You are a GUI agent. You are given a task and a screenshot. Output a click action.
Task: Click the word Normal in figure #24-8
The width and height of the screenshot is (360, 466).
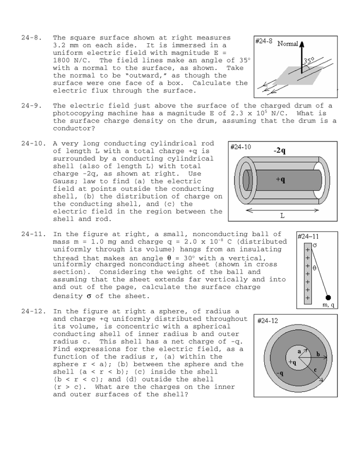coord(287,44)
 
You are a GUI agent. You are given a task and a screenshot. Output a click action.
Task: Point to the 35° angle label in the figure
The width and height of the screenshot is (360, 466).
coord(309,60)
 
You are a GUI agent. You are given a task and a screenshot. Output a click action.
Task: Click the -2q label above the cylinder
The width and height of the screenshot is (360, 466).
coord(280,150)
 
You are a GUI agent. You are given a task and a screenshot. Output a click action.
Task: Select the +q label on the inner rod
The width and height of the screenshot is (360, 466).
coord(280,180)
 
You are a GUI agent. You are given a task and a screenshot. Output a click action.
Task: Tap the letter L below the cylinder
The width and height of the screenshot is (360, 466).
coord(282,216)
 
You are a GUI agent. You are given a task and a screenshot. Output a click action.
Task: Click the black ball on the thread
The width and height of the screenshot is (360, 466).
coord(328,297)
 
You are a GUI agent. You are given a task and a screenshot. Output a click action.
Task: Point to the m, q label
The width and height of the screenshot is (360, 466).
coord(328,305)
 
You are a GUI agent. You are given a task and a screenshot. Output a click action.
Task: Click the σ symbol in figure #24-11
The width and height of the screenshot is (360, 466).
coord(314,245)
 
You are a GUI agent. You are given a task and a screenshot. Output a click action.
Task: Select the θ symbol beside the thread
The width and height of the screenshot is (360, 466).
coord(314,268)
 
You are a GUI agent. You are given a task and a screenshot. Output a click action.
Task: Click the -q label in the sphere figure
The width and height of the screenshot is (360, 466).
coord(279,373)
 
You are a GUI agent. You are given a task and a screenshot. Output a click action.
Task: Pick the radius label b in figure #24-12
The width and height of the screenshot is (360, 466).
coord(317,354)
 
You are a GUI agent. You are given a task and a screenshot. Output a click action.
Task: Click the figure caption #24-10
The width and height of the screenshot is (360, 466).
coord(241,147)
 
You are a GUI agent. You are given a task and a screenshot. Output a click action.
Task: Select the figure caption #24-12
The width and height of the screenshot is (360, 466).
coord(267,320)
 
